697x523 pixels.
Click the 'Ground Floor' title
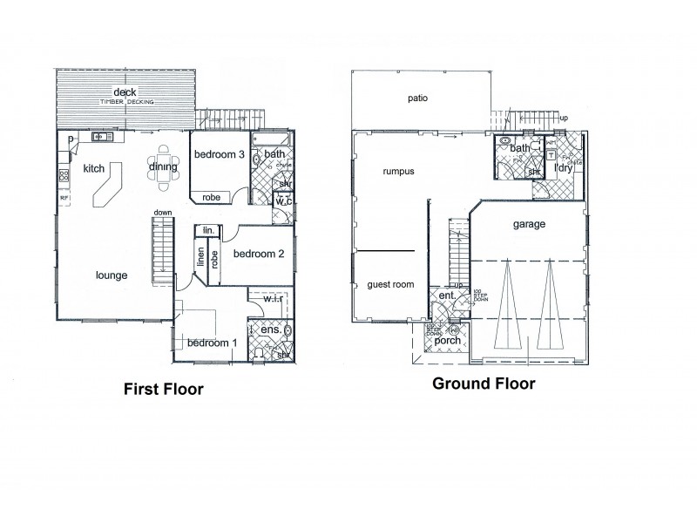coord(484,383)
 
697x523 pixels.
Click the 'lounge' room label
coord(112,275)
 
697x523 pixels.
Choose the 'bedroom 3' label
coord(218,155)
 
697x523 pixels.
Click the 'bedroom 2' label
coord(259,255)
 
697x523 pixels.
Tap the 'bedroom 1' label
coord(212,343)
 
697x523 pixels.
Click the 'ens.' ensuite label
coord(271,330)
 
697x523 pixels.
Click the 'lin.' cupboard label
coord(207,230)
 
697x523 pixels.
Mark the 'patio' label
coord(418,98)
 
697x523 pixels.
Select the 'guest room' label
coord(389,284)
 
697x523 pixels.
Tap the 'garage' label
coord(529,224)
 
